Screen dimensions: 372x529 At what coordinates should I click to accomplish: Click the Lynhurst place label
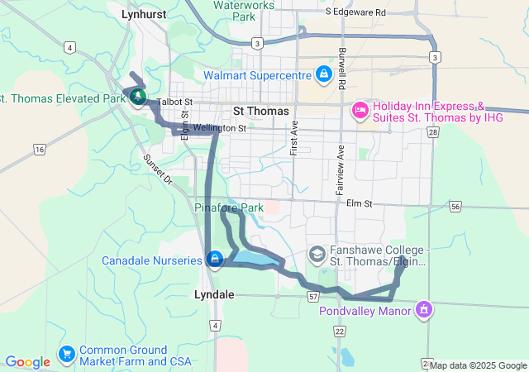pos(144,14)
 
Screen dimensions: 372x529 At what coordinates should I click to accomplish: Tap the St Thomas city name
pos(261,111)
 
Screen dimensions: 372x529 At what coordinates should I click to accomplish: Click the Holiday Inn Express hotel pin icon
pos(360,109)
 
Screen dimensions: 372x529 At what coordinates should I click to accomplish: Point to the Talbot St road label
pos(178,102)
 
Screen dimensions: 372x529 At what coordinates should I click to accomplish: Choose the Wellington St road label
pos(220,128)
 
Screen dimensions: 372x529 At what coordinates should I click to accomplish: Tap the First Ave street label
pos(293,137)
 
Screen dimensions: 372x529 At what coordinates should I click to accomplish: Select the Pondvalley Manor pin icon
pos(424,310)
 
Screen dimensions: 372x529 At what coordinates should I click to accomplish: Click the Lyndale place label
pos(213,294)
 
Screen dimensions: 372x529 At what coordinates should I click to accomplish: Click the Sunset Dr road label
pos(156,169)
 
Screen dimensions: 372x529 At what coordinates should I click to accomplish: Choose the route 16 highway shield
pos(39,149)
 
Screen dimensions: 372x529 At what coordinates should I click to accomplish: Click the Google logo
pos(27,362)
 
